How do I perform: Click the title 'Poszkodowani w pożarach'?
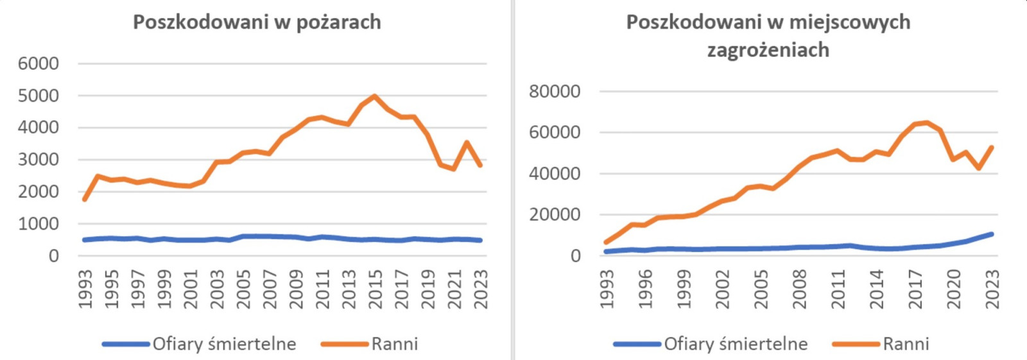257,22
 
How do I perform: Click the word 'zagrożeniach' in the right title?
768,50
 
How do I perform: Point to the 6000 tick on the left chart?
39,64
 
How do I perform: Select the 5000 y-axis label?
39,96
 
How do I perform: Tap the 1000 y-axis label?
39,224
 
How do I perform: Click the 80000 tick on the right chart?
555,92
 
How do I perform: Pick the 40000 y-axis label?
555,174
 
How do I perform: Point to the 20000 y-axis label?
555,215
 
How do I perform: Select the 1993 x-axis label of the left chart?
85,289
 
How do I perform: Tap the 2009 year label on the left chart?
296,289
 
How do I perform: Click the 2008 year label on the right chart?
799,289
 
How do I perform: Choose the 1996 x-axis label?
645,289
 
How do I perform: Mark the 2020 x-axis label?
954,289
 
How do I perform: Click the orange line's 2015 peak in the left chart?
375,96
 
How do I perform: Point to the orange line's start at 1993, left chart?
85,199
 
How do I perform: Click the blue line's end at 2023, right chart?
992,234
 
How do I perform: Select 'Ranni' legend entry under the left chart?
394,344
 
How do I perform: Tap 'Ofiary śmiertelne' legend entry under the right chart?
736,344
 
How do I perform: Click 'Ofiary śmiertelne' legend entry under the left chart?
224,344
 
